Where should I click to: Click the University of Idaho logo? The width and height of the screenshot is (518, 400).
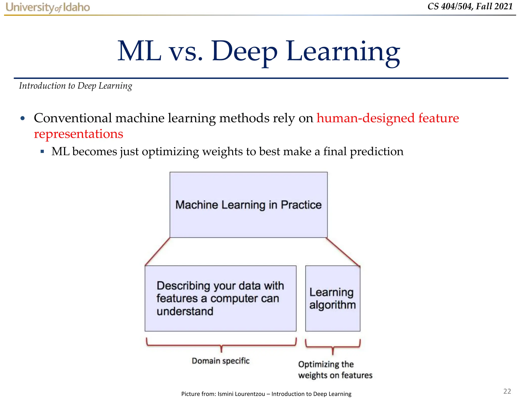[x=48, y=7]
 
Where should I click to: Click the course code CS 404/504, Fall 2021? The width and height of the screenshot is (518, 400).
[x=470, y=6]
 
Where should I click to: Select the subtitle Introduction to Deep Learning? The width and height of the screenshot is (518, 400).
[x=75, y=86]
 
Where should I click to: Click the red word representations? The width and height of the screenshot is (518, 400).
[x=78, y=134]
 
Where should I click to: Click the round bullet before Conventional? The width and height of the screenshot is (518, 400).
[x=23, y=118]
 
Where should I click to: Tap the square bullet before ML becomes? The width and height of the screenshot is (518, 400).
[x=42, y=152]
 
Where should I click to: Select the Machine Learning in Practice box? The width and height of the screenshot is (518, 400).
[x=248, y=205]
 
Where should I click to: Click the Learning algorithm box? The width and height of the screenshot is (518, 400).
[x=333, y=298]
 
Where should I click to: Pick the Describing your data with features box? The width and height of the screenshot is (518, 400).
[x=220, y=298]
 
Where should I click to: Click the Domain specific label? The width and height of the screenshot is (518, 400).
[x=221, y=361]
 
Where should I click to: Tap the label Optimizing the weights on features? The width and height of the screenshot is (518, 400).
[x=335, y=370]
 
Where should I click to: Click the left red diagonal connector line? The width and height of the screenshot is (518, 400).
[x=157, y=252]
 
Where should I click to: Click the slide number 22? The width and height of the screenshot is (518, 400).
[x=507, y=391]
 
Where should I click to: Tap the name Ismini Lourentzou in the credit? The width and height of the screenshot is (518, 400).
[x=241, y=394]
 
